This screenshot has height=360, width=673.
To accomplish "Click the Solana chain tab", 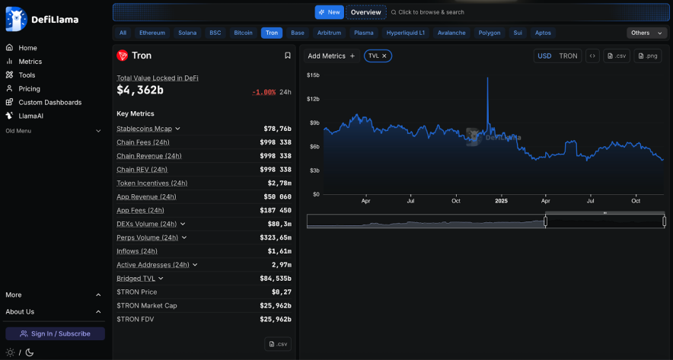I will click(x=187, y=33).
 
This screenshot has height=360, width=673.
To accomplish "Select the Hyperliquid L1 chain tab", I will click(x=405, y=33).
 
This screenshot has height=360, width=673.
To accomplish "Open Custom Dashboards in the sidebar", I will click(x=49, y=102).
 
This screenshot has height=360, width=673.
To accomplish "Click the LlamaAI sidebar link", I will click(x=30, y=116).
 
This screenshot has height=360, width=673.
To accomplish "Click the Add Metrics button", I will click(x=331, y=56).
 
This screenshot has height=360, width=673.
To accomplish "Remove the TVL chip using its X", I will click(x=384, y=56).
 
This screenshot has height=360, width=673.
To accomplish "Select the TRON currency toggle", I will click(x=568, y=56).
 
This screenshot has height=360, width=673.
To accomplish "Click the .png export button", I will click(x=649, y=56).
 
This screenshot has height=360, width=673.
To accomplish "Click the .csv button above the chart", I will click(x=617, y=56).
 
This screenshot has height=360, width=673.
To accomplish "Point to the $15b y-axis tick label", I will click(x=313, y=75).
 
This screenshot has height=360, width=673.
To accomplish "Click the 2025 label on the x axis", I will click(x=501, y=201).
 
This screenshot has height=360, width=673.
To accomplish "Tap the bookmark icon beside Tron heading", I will click(x=288, y=56).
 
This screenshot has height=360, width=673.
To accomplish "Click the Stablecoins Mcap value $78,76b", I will click(x=277, y=129).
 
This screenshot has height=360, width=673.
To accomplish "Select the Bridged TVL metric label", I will click(x=136, y=279).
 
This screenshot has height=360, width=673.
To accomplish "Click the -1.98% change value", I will click(x=263, y=92).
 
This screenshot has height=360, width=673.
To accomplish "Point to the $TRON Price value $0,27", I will click(x=281, y=292).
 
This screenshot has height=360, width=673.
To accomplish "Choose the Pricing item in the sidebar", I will click(x=29, y=88).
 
